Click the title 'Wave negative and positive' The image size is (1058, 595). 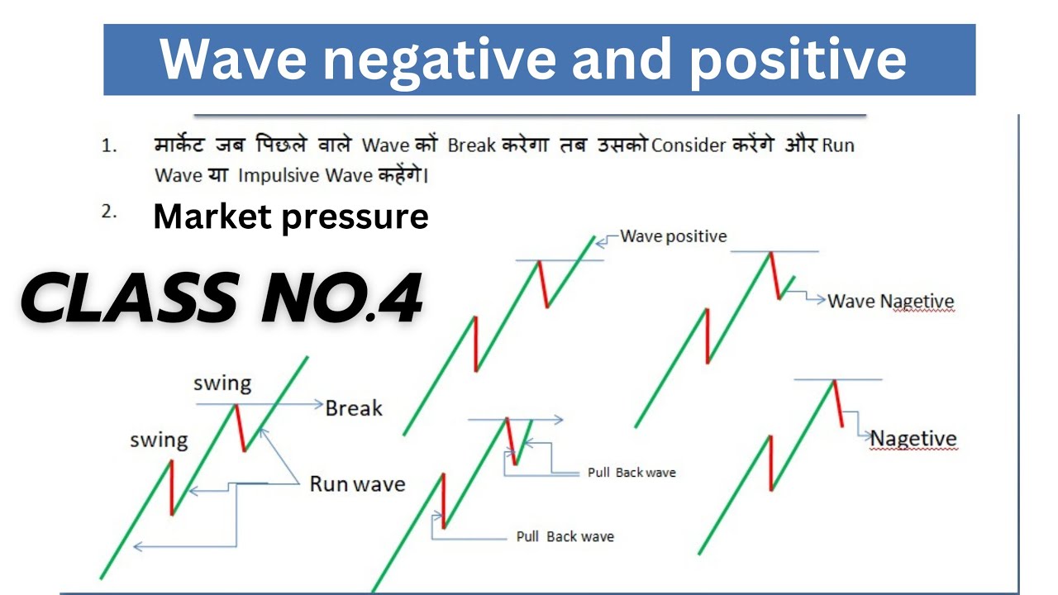pos(533,59)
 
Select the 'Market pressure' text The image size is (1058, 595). pos(291,217)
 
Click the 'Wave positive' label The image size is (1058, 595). pos(674,236)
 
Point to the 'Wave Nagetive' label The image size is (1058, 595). pos(891,302)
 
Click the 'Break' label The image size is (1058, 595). pos(354,408)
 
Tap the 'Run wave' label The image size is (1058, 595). pos(357,484)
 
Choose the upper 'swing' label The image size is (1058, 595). pos(222,383)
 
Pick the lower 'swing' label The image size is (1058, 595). pos(159,440)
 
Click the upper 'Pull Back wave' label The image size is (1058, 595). pos(631,473)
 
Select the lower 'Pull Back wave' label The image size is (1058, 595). pos(565,537)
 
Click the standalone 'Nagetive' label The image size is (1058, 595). pos(913,439)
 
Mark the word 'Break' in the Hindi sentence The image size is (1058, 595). pos(471,145)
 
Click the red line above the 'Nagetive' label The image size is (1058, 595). pos(838,403)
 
